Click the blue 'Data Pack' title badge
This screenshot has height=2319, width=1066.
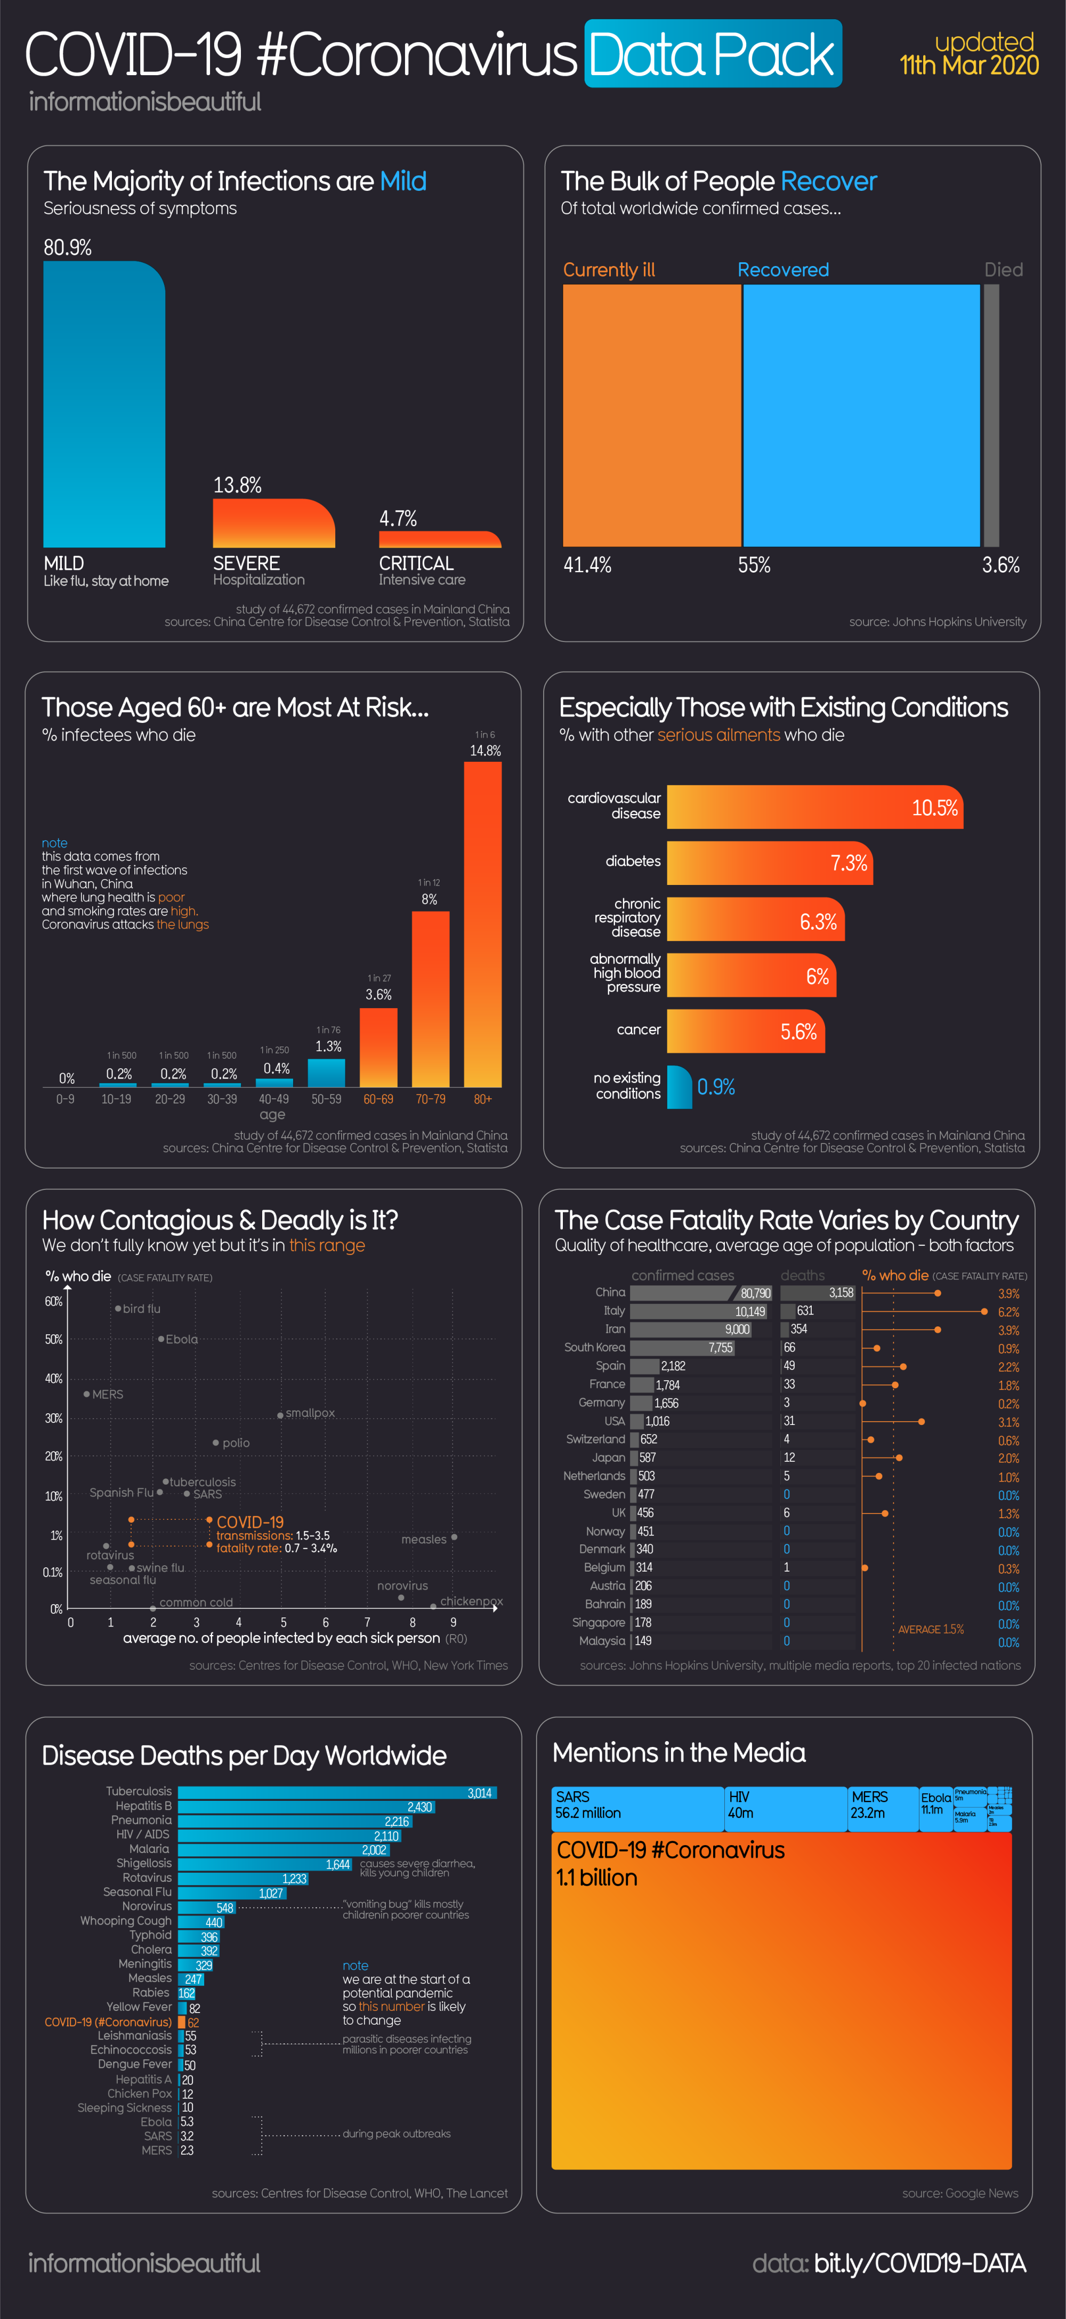pyautogui.click(x=712, y=54)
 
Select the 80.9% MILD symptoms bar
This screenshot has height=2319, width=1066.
pyautogui.click(x=103, y=405)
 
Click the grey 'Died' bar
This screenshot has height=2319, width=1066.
pyautogui.click(x=991, y=415)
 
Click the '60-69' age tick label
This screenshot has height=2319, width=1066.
pyautogui.click(x=378, y=1099)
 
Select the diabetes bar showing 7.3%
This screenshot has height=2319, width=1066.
pyautogui.click(x=769, y=863)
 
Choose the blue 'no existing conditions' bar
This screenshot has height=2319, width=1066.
pyautogui.click(x=679, y=1086)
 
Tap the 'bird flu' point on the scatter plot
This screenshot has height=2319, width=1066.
pyautogui.click(x=118, y=1308)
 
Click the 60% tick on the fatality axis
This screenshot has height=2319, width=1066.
pyautogui.click(x=53, y=1302)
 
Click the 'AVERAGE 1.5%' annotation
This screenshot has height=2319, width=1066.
pyautogui.click(x=930, y=1629)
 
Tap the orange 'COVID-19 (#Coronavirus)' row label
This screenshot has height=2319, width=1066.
pyautogui.click(x=108, y=2022)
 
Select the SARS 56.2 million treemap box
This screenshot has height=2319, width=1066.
pyautogui.click(x=637, y=1809)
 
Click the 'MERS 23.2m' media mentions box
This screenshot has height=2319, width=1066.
pyautogui.click(x=882, y=1809)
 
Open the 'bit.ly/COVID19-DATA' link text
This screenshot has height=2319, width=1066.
pyautogui.click(x=919, y=2263)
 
